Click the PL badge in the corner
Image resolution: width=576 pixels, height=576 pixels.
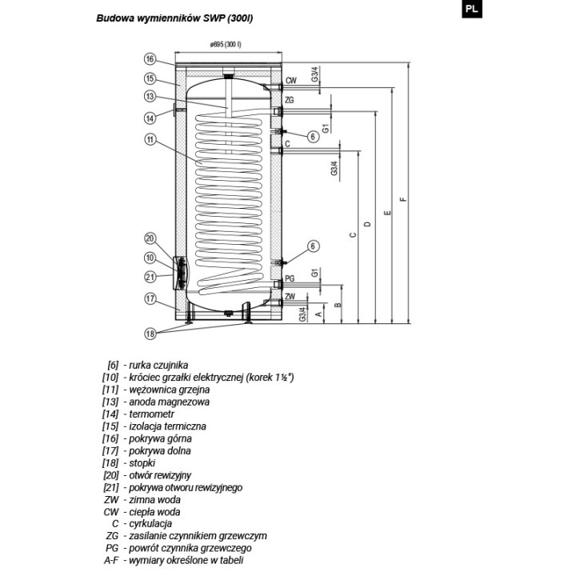coord(472,9)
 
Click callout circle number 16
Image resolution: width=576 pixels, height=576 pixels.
coord(150,59)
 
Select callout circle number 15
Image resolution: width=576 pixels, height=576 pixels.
coord(150,78)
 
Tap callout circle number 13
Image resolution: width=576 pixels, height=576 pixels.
coord(150,97)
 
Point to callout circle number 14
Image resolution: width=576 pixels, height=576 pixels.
coord(150,118)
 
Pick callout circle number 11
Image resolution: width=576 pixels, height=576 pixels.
coord(150,139)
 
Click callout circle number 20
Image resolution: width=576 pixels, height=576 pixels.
coord(150,238)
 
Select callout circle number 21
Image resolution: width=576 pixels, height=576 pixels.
coord(150,277)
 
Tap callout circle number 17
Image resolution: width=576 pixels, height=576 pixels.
coord(150,298)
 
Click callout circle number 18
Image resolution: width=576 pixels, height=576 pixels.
coord(150,334)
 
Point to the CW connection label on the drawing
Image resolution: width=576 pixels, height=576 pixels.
coord(291,81)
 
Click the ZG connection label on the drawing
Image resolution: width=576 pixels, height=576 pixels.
coord(290,100)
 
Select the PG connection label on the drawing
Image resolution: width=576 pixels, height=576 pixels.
coord(290,278)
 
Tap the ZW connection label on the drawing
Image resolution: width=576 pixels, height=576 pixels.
coord(290,296)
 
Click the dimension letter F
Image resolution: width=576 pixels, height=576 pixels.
coord(404,199)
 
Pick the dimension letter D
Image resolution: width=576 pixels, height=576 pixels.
coord(368,224)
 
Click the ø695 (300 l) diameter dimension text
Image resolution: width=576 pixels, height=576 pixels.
coord(226,45)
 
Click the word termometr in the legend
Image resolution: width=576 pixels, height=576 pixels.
coord(152,414)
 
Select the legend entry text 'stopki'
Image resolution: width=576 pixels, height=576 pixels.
coord(142,463)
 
